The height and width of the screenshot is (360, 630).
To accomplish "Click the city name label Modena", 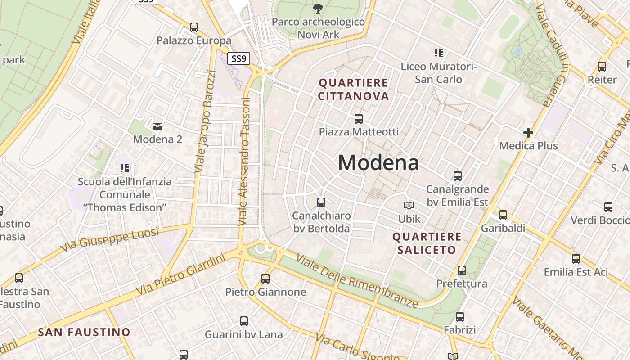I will (378, 162).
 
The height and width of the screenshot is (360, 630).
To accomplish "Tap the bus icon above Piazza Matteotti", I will (359, 119).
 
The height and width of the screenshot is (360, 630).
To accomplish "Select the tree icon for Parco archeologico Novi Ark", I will (318, 8).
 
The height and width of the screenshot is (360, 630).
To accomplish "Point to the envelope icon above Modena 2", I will (157, 126).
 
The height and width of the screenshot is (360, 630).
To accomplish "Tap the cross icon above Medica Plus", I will (528, 133).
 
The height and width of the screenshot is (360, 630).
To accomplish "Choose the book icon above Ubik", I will (409, 206).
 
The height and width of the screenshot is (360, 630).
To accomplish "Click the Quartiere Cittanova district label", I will (353, 90).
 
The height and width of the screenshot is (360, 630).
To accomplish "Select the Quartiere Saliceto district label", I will (427, 243).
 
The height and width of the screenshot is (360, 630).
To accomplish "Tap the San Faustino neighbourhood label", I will (84, 333).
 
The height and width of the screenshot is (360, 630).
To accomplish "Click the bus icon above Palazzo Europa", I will (194, 27).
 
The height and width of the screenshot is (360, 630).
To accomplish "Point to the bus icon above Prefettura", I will (462, 270).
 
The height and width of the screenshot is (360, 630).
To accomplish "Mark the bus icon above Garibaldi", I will (503, 215).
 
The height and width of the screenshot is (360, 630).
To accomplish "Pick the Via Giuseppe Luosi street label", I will (110, 239).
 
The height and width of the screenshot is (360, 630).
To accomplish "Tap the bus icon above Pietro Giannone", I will (265, 279).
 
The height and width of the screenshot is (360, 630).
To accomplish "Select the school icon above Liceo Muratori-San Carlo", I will (439, 54).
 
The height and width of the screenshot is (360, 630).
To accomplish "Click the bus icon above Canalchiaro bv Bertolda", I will (321, 202).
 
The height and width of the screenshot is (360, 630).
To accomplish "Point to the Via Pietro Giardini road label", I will (180, 274).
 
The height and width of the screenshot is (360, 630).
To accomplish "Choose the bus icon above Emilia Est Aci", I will (576, 259).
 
